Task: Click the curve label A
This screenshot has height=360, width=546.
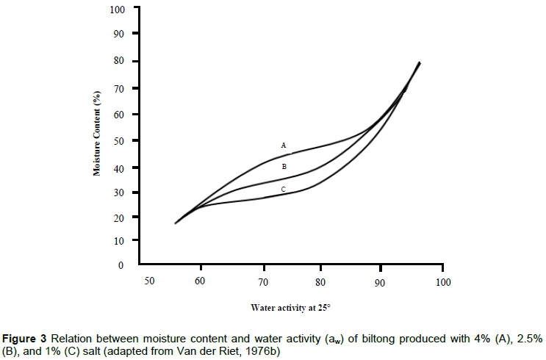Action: coord(284,145)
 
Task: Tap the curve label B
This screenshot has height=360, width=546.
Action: coord(284,167)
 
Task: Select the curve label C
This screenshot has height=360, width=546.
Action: coord(284,190)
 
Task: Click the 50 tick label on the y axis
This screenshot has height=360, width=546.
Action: coord(120,140)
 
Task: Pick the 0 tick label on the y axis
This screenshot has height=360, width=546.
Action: coord(122,264)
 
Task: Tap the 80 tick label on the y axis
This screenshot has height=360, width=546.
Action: coord(120,61)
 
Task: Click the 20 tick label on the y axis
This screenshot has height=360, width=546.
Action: coord(120,218)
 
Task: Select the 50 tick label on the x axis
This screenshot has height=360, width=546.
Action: coord(149,281)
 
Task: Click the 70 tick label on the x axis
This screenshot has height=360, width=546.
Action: coord(264,281)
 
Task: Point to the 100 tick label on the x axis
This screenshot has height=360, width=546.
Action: coord(442,281)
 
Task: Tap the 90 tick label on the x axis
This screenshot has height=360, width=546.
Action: coord(379,281)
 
